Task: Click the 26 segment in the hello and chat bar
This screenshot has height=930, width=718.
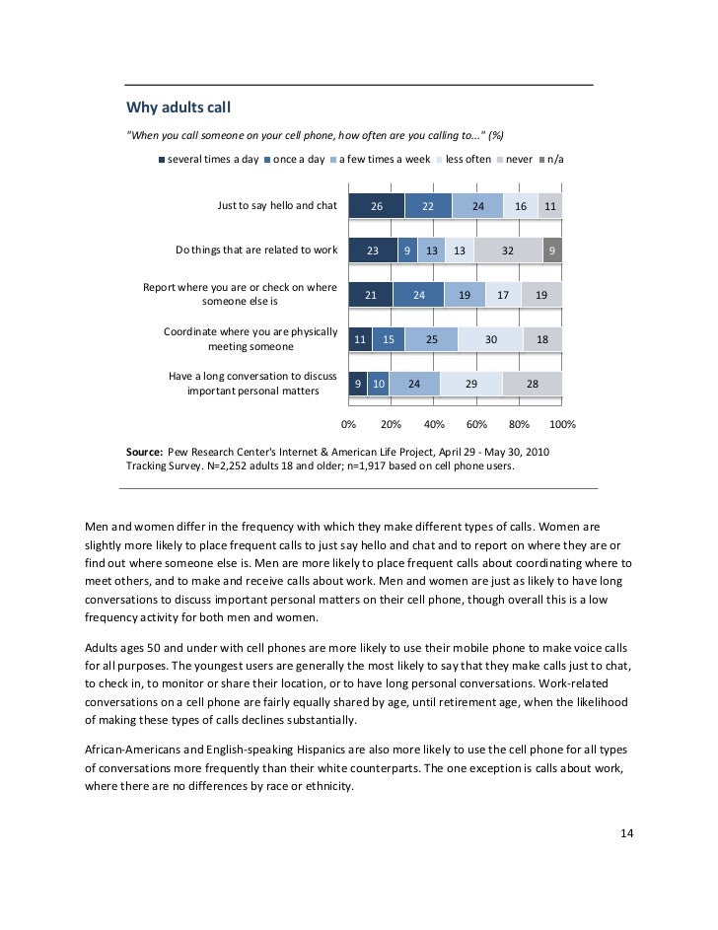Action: (377, 206)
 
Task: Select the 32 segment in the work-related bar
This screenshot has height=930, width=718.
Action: (508, 250)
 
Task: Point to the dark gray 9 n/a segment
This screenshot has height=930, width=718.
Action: (552, 250)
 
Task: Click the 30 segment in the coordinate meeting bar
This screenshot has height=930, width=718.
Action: (490, 339)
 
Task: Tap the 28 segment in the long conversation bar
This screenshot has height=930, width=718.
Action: (532, 384)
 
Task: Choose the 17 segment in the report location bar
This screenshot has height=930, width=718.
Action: (503, 295)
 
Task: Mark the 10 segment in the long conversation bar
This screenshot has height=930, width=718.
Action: (379, 384)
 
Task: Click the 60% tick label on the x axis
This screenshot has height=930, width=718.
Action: (476, 424)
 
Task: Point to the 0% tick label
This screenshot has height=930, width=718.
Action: (348, 424)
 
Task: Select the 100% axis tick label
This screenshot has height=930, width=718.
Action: (561, 424)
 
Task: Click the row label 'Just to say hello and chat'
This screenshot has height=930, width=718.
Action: (277, 206)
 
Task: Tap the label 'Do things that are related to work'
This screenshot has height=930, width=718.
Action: (256, 250)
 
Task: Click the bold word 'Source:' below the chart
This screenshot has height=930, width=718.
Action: (145, 452)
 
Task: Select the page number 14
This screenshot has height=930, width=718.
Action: (626, 833)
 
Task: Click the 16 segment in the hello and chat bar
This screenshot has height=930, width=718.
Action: (521, 206)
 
